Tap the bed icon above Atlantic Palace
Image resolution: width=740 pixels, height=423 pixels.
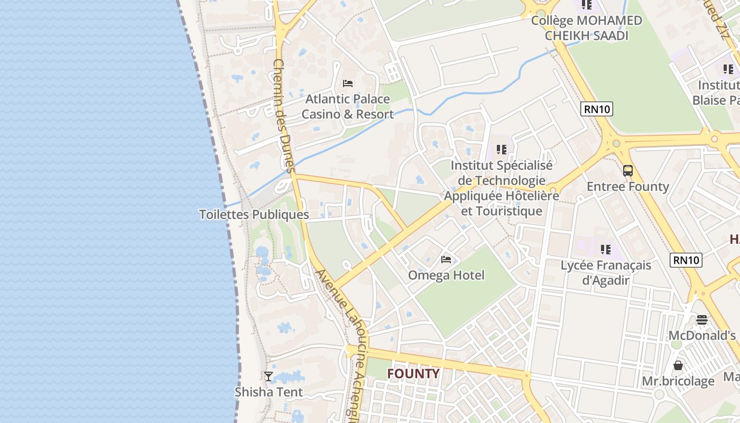coord(348,83)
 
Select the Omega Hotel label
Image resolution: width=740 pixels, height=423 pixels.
coord(446,275)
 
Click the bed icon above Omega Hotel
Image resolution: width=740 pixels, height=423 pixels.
coord(446,259)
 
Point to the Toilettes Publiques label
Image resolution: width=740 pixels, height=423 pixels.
coord(254,214)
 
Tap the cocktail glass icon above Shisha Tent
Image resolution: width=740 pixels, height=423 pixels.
coord(269,376)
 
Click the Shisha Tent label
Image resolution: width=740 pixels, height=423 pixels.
coord(269,392)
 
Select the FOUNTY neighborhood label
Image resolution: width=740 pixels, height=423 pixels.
coord(413,374)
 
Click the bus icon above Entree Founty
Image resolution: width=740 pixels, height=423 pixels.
coord(628,171)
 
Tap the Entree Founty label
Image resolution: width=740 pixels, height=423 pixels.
coord(628,186)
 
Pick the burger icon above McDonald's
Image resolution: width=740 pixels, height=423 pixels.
coord(702,319)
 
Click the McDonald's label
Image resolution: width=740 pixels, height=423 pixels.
coord(702,335)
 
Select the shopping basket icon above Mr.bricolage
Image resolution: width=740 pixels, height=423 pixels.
coord(678,365)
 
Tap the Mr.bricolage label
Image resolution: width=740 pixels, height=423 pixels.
coord(678,381)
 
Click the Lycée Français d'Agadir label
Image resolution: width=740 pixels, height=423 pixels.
coord(606,272)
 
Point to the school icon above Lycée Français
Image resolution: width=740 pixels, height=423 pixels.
coord(606,249)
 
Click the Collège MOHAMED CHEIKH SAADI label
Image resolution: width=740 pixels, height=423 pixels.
coord(587,28)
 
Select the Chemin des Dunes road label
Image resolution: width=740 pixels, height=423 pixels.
coord(283,115)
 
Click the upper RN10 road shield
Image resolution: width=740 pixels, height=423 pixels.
coord(597,109)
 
